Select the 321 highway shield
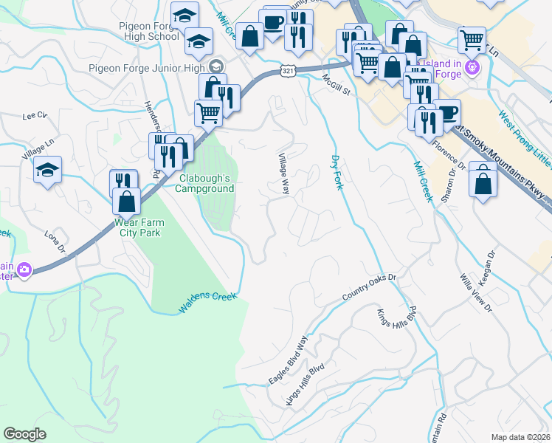(289, 70)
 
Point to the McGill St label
(337, 84)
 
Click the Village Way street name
(283, 174)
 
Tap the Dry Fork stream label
(337, 172)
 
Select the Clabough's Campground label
(204, 183)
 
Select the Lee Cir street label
(34, 116)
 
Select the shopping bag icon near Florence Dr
(482, 184)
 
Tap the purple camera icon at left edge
(24, 270)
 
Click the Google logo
(25, 433)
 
